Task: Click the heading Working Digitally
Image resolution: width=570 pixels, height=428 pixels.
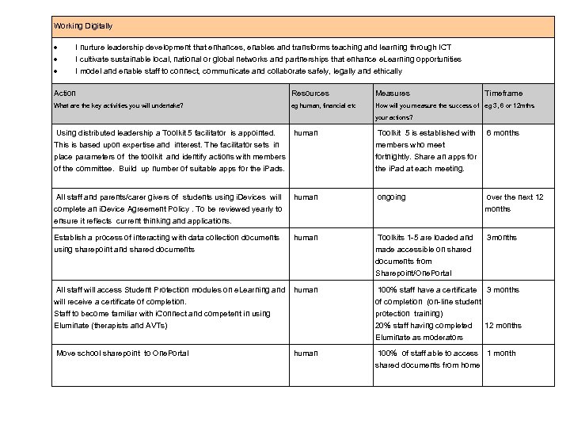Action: [x=83, y=26]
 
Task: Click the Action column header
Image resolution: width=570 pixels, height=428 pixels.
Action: [x=65, y=93]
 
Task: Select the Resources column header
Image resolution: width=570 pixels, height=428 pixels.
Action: [x=310, y=94]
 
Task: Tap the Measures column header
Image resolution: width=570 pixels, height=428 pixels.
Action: [x=393, y=94]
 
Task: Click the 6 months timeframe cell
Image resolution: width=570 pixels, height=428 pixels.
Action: [x=503, y=133]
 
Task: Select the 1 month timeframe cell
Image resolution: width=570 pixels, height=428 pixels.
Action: [x=501, y=353]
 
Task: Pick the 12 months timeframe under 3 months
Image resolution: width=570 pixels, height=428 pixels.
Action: [x=503, y=325]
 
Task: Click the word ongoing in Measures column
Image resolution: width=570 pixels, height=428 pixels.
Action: [x=391, y=197]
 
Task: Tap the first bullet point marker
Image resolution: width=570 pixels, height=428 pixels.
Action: [x=56, y=48]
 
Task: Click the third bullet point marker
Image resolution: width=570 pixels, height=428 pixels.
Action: [x=56, y=71]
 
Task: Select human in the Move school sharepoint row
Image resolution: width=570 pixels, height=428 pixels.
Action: [x=306, y=353]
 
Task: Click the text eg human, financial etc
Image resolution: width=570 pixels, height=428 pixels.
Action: [x=324, y=105]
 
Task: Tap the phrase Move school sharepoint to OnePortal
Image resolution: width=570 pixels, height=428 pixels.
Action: [x=123, y=353]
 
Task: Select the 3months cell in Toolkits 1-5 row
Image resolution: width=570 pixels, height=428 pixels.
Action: [x=502, y=237]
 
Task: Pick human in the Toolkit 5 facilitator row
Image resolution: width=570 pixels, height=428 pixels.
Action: [x=306, y=133]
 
